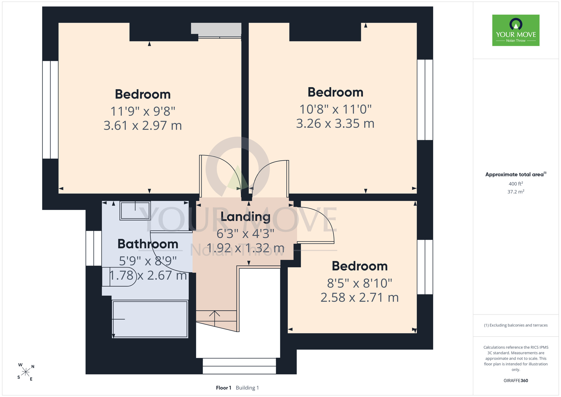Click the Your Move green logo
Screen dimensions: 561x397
516,30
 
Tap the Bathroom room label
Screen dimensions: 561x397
148,244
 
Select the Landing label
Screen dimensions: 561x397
245,217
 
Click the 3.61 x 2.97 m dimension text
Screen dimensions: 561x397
143,126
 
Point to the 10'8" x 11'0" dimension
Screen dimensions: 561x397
335,109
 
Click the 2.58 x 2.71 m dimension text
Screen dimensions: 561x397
360,298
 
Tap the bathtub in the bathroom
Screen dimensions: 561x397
150,319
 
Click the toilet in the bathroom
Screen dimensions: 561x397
119,277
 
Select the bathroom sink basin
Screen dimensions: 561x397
135,210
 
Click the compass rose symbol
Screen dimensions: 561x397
26,372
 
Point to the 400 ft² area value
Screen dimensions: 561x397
516,184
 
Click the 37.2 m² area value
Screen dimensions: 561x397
516,192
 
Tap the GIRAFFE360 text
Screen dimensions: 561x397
516,381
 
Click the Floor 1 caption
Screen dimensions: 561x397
224,388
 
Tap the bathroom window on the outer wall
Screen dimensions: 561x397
94,248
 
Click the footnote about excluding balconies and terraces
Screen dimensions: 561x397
516,325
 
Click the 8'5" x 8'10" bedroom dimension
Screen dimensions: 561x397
360,283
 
